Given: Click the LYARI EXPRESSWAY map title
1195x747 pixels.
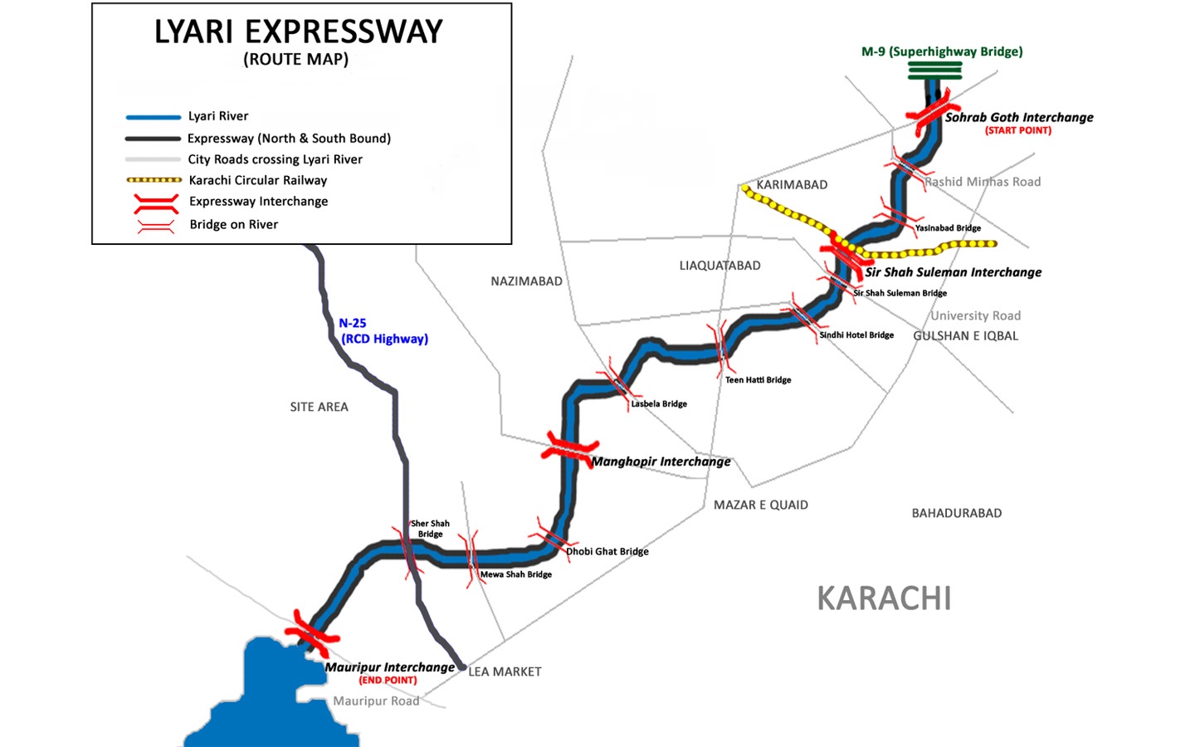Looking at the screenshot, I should tap(298, 32).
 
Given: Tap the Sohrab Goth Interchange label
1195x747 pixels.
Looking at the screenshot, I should tap(1018, 117).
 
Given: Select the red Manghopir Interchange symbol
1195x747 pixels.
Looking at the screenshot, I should tap(569, 447).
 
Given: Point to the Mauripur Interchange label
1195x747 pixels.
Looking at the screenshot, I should tap(389, 667).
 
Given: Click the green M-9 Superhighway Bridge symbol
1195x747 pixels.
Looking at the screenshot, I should tap(934, 71).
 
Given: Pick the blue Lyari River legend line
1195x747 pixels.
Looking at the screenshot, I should tap(153, 117).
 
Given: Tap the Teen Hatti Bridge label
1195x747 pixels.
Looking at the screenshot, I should tap(758, 380).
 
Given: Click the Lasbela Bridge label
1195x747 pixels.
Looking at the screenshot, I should tap(659, 404).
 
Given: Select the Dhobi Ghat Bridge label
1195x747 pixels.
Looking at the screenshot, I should tap(607, 551).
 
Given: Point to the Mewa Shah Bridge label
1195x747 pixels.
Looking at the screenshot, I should tap(515, 574).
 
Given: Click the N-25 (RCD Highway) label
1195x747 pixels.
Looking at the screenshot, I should tap(383, 330).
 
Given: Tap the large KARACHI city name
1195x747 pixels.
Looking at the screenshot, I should tap(884, 598).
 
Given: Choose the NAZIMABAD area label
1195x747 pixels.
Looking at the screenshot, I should tap(526, 281).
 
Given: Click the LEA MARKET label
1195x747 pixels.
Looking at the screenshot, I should tap(505, 671).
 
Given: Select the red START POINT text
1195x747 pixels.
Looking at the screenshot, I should tap(1017, 130).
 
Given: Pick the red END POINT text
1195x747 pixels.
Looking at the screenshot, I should tap(388, 681).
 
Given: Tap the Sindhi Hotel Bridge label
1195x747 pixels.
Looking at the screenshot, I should tap(856, 335).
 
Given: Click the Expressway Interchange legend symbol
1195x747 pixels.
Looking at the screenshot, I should tap(156, 203).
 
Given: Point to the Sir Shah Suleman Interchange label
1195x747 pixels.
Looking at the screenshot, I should tap(953, 272).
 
